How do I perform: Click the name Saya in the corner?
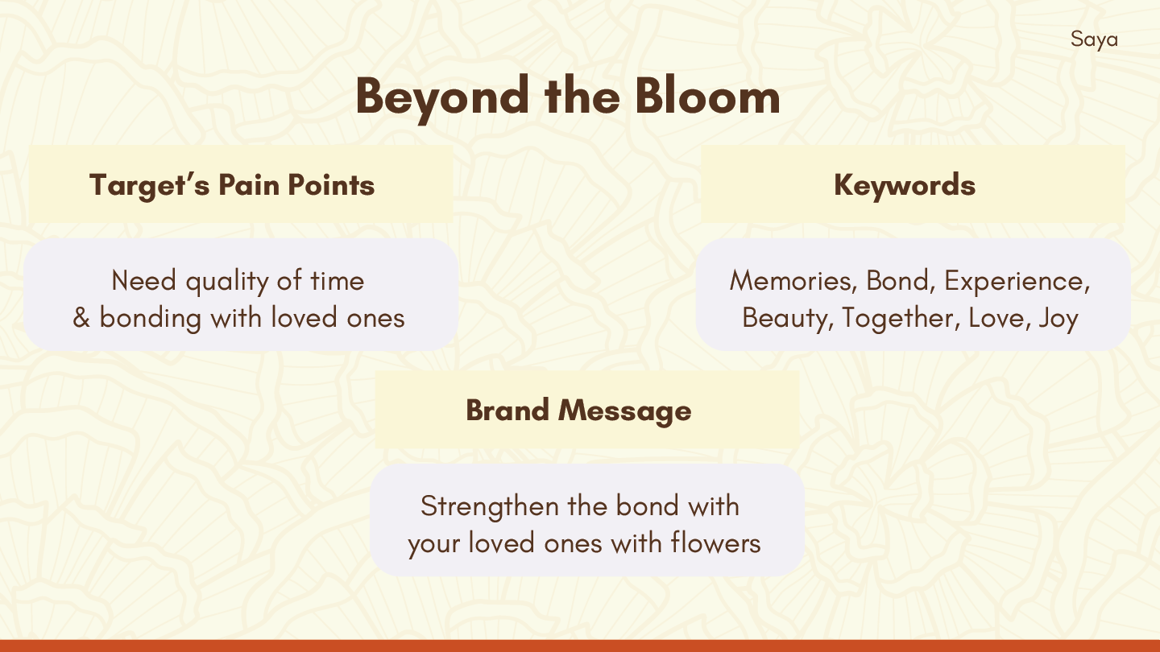1094,40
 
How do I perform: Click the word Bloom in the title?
707,97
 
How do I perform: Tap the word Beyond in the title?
442,99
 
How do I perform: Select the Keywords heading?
905,186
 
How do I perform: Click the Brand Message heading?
578,411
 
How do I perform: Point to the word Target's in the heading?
149,186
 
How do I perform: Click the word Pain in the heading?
249,185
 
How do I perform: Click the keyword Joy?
1058,319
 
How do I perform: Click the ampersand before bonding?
81,318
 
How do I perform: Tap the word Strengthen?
489,507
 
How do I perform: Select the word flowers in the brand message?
715,543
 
